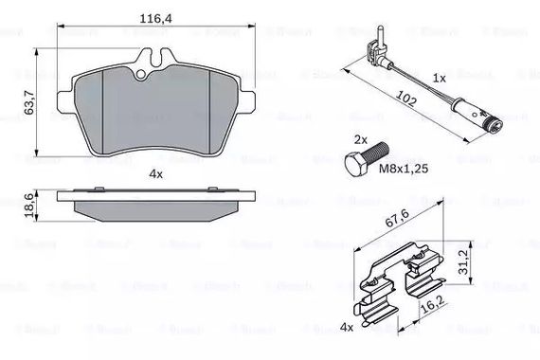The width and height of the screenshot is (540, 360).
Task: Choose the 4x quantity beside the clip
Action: (x=349, y=328)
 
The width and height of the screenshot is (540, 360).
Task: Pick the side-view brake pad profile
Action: (x=152, y=204)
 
